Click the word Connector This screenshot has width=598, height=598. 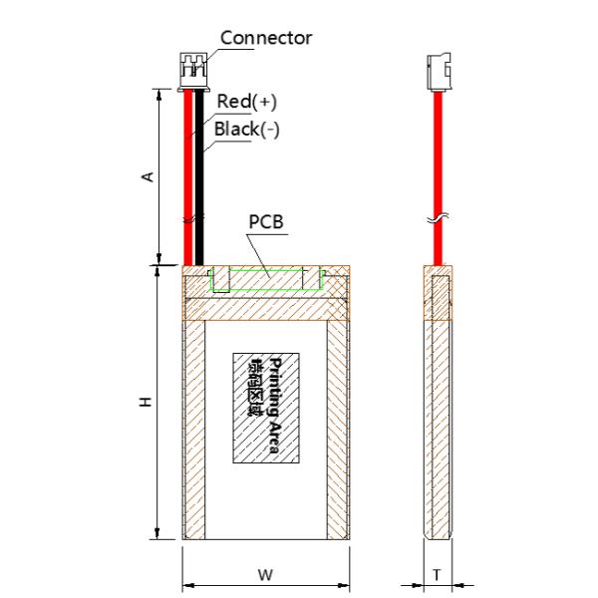tap(266, 38)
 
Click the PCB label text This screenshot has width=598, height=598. tap(265, 220)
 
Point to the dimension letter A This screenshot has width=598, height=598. tap(148, 175)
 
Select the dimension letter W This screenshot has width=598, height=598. tap(265, 574)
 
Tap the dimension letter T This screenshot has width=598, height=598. tap(436, 574)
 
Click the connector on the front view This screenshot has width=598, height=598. tap(193, 72)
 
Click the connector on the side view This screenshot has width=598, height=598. tap(436, 72)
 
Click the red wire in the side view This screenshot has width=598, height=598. tap(436, 159)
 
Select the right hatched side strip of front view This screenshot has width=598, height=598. tap(339, 429)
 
